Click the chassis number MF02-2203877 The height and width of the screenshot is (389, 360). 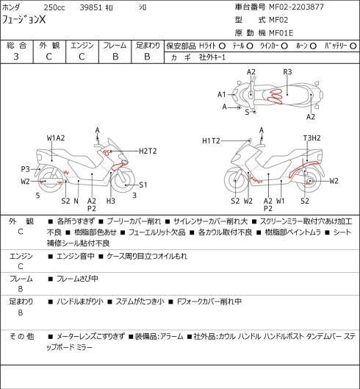click(x=296, y=7)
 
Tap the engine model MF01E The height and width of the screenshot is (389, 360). click(x=281, y=33)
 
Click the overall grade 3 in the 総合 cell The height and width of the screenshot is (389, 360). click(x=16, y=57)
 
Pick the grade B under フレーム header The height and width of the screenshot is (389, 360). click(x=115, y=57)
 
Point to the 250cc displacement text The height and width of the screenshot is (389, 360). click(x=54, y=7)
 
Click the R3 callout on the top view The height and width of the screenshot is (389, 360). click(x=287, y=72)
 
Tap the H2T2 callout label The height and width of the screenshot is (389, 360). click(x=148, y=151)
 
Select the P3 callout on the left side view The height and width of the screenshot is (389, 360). click(x=25, y=169)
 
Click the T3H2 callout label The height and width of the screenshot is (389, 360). click(x=312, y=138)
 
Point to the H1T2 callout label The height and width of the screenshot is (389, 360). click(x=211, y=141)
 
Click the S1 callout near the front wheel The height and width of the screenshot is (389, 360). click(x=143, y=185)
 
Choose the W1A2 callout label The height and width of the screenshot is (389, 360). click(x=56, y=138)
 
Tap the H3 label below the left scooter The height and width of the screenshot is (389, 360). click(x=111, y=201)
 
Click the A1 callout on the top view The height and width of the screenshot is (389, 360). click(x=222, y=95)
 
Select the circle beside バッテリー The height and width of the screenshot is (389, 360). click(x=353, y=46)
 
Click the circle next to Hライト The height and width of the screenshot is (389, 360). click(x=222, y=46)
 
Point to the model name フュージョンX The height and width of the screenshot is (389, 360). click(x=24, y=20)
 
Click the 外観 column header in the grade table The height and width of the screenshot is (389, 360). click(x=49, y=46)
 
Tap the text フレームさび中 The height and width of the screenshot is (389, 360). click(x=77, y=279)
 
